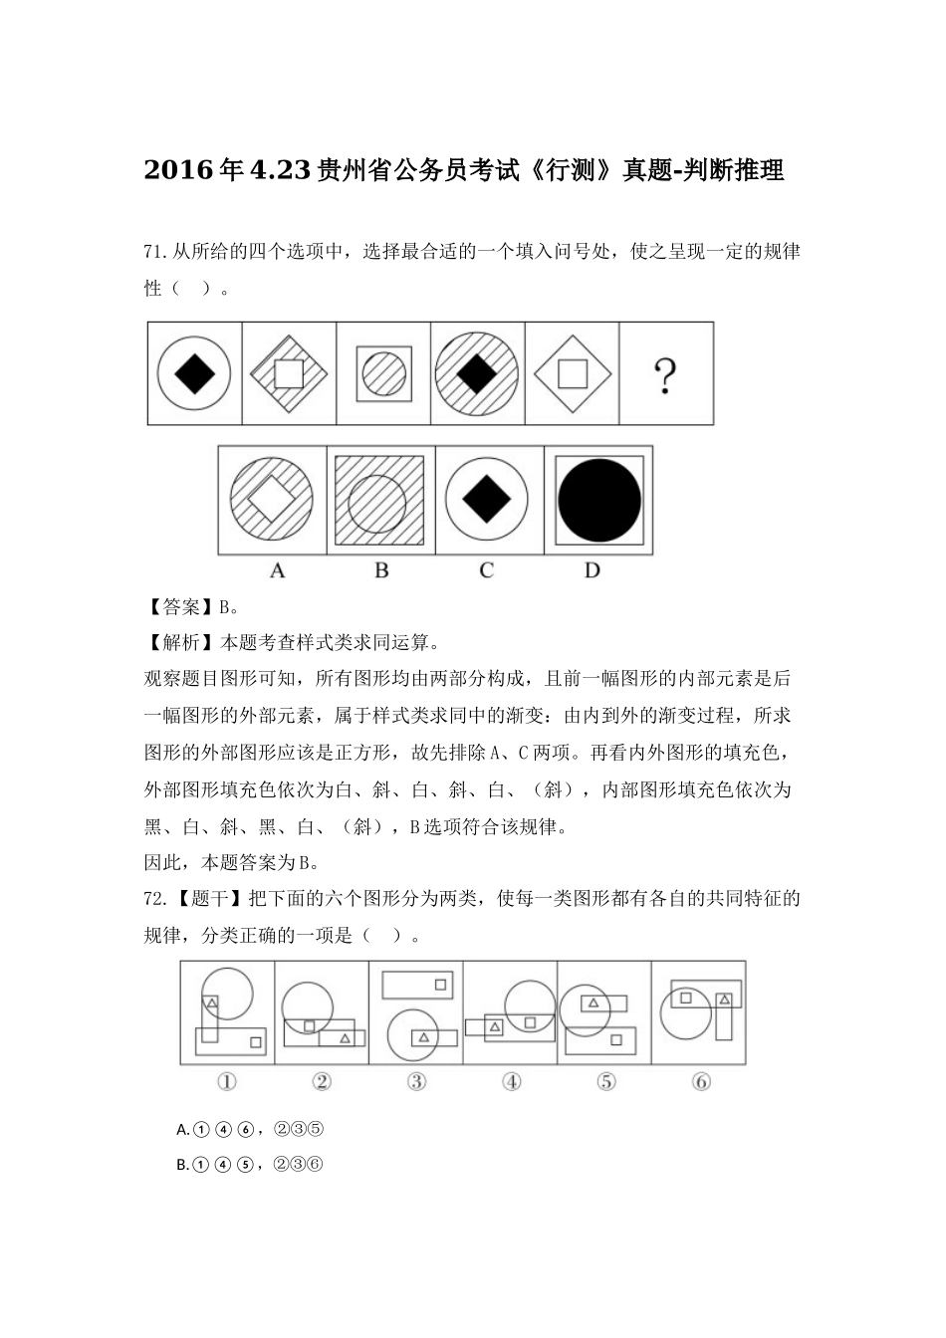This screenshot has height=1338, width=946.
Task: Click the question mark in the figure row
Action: tap(665, 375)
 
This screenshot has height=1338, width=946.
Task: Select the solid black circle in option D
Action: tap(598, 501)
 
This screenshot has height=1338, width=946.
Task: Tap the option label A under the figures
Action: tap(277, 570)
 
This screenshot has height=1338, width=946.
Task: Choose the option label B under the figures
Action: tap(381, 570)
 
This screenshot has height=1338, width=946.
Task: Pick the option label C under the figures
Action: tap(486, 570)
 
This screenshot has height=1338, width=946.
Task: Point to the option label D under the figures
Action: tap(592, 570)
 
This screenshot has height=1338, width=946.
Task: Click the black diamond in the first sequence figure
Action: tap(194, 375)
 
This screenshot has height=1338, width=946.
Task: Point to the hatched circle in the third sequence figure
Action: tap(383, 375)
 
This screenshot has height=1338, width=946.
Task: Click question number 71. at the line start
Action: tap(156, 251)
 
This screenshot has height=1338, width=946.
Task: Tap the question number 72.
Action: tap(156, 899)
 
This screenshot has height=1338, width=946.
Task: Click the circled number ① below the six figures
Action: tap(227, 1081)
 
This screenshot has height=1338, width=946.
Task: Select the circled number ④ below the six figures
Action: tap(511, 1081)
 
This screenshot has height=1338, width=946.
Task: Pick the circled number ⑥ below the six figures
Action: tap(700, 1081)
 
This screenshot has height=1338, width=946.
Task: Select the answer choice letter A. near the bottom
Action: tap(182, 1129)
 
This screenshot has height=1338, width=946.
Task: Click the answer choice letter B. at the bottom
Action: tap(182, 1165)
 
